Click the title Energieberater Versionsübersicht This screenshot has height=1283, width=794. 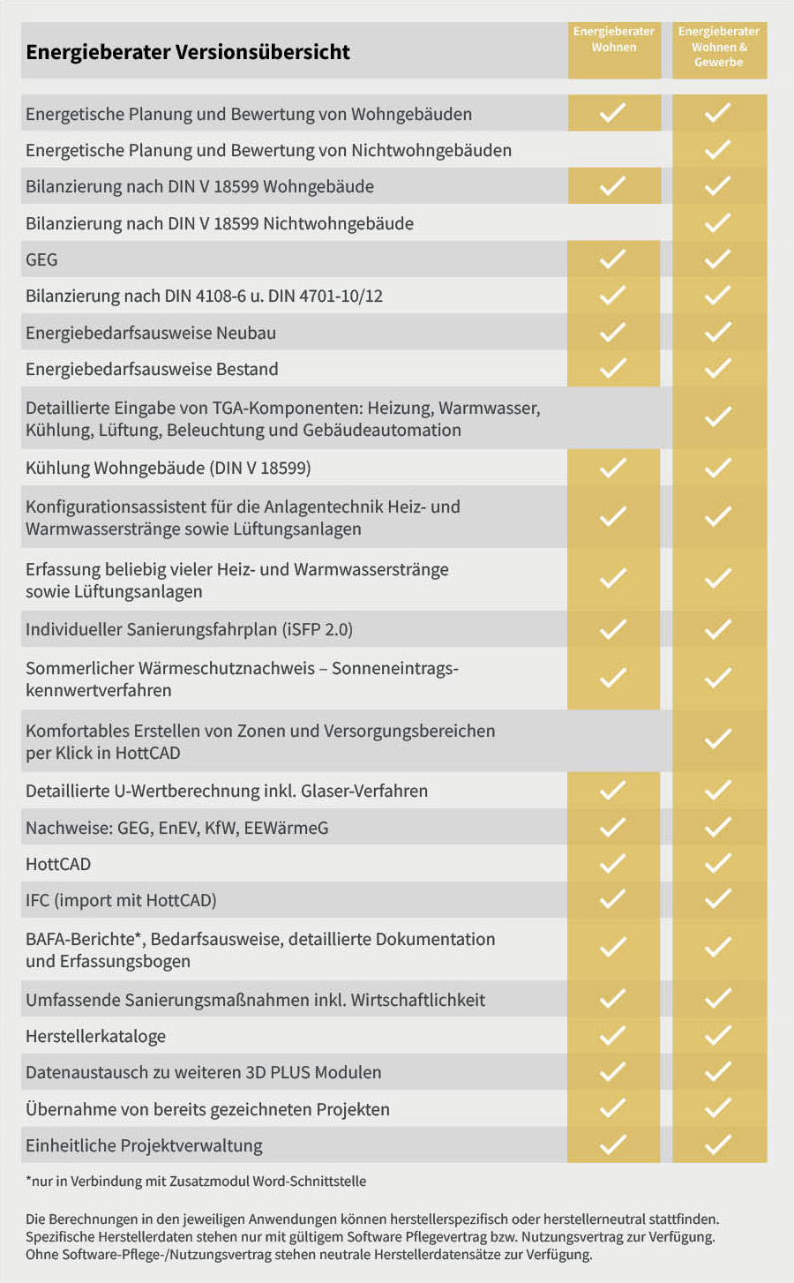188,52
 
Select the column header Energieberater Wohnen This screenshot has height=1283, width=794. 614,40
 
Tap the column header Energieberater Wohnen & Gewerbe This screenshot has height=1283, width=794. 719,47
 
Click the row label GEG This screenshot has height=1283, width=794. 41,259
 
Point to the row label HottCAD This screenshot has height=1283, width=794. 58,864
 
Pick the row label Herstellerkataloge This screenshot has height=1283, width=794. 95,1036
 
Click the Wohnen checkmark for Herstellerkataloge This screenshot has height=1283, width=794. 613,1035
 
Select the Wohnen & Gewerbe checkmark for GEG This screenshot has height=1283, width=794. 718,259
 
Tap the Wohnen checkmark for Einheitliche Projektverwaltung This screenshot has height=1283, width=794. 613,1144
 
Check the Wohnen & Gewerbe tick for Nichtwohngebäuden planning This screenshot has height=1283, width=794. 718,150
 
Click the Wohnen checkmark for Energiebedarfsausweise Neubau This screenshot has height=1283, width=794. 613,332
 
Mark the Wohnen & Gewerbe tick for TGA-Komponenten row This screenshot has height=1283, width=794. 718,416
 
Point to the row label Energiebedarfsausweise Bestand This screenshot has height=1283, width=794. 152,369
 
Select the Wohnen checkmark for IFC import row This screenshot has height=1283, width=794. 613,899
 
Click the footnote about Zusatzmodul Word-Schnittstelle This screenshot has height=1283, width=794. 196,1181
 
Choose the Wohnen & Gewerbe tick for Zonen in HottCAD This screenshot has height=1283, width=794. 718,739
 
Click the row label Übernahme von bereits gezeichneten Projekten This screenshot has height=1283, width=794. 207,1109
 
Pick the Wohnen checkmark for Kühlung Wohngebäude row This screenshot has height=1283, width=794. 613,468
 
